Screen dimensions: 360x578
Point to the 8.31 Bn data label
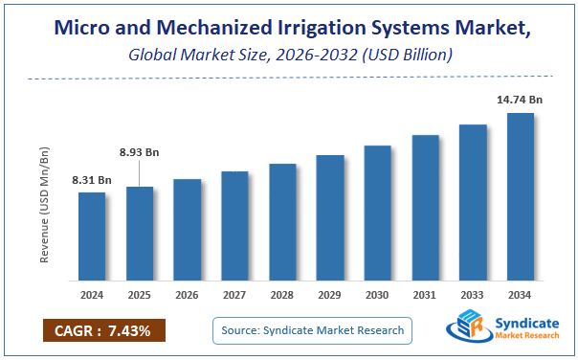(92, 180)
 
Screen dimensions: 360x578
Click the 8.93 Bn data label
(140, 150)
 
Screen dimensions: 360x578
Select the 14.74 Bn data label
(520, 99)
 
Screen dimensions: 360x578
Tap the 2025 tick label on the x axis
(140, 296)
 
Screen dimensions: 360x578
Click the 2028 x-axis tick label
(282, 296)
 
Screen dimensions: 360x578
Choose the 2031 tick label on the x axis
(425, 296)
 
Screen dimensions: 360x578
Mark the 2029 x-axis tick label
(330, 296)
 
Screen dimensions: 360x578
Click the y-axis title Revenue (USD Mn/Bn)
(44, 203)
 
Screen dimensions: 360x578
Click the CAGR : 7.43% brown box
(104, 329)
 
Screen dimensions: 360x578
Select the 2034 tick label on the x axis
(520, 296)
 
